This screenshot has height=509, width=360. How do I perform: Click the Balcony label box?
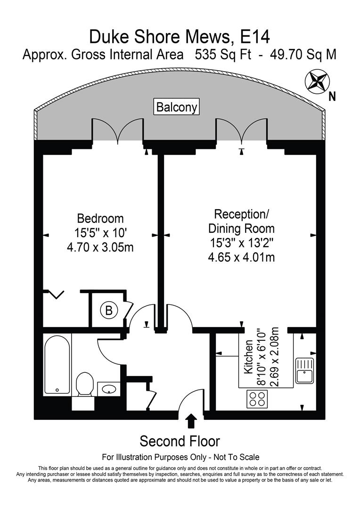pyautogui.click(x=177, y=107)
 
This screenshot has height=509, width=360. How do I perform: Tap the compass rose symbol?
pyautogui.click(x=316, y=80)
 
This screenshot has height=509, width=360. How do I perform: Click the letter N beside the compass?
pyautogui.click(x=332, y=97)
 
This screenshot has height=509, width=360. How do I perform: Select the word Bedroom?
pyautogui.click(x=100, y=219)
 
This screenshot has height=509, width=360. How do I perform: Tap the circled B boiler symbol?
pyautogui.click(x=109, y=311)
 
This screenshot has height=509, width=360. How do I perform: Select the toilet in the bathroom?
pyautogui.click(x=85, y=385)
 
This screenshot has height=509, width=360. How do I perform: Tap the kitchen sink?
pyautogui.click(x=304, y=370)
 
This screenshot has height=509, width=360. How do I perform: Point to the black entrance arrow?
pyautogui.click(x=191, y=420)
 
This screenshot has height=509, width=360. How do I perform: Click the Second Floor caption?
pyautogui.click(x=180, y=441)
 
